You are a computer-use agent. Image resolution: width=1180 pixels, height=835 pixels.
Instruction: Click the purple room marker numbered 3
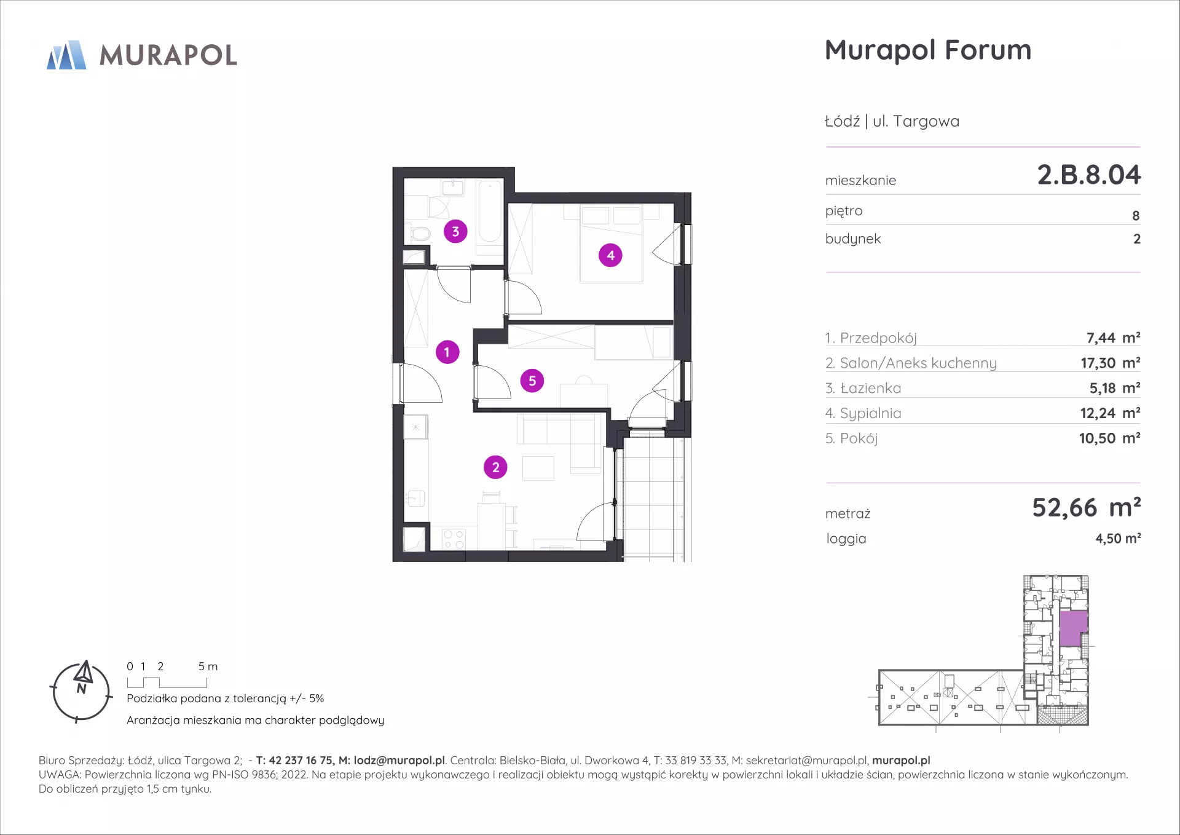click(x=455, y=231)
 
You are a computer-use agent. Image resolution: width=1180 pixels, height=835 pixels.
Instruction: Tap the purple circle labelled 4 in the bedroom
click(x=610, y=255)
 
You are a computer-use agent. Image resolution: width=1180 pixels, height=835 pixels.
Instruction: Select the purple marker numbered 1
click(x=447, y=352)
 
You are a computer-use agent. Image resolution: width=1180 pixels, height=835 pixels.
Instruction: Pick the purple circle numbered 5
click(x=532, y=381)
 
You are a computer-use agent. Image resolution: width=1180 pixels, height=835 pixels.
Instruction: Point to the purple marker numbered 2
click(x=495, y=467)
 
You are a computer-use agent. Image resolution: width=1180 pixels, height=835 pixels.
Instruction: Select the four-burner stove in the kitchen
click(x=454, y=539)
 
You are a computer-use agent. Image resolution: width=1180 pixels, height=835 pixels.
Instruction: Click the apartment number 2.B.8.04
click(x=1088, y=175)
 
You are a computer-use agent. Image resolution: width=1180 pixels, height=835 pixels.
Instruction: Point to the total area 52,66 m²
click(x=1086, y=508)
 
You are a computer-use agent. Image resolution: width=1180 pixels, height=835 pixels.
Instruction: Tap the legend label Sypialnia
click(x=870, y=414)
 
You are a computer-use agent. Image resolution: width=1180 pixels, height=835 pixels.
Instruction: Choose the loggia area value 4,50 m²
click(x=1118, y=539)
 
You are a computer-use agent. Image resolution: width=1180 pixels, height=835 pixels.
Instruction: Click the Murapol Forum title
click(x=927, y=50)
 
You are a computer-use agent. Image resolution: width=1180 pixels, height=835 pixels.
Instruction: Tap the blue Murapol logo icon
click(x=66, y=55)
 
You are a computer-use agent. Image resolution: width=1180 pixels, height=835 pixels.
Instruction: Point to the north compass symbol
click(x=81, y=691)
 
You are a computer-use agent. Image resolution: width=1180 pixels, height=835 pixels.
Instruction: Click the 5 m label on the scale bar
click(x=208, y=667)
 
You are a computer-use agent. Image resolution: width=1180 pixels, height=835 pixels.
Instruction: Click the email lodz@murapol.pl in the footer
click(x=399, y=761)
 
